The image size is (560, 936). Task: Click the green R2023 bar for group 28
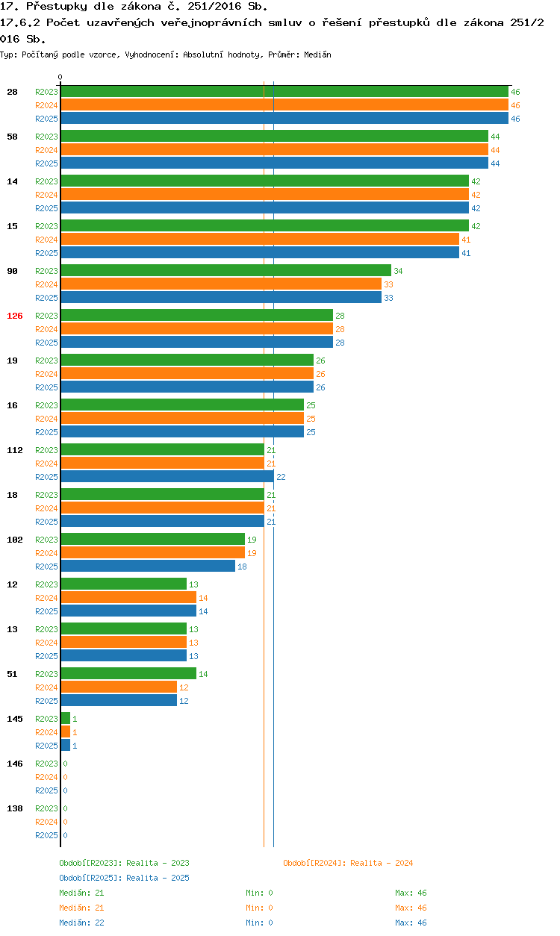284,92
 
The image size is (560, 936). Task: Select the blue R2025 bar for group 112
167,477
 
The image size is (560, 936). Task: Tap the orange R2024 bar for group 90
221,284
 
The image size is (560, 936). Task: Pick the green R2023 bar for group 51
128,674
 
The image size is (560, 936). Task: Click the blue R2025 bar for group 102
148,567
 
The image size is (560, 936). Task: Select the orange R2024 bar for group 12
128,598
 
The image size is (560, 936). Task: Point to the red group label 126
15,316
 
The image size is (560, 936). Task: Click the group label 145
15,719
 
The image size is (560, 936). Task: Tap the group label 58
13,137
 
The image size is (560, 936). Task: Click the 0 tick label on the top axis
60,77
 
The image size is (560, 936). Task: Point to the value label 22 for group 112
281,477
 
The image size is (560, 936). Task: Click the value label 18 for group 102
242,567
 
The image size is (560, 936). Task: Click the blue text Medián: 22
81,923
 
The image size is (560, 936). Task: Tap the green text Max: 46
411,893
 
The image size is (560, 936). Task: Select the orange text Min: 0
259,908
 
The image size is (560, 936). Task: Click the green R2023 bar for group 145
65,719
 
